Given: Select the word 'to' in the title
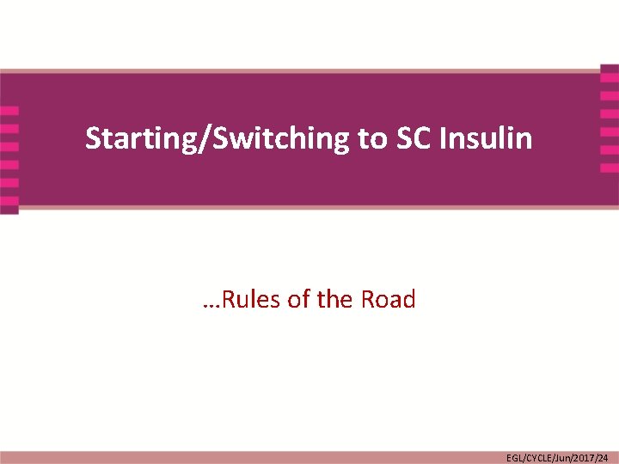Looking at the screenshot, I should point(372,137).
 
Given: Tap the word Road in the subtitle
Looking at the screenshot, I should point(388,300).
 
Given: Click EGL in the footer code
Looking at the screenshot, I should point(514,458).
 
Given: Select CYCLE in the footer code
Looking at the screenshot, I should point(538,458).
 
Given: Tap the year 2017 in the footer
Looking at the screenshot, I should point(585,458).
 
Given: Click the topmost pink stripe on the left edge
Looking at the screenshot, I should point(9,111).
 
